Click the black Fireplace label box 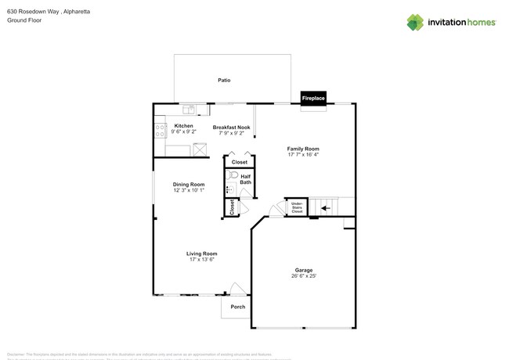[313, 99]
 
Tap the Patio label [224, 80]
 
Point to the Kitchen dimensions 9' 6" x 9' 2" [184, 132]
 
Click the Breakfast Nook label [231, 126]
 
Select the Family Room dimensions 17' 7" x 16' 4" [303, 154]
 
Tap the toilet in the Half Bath [232, 177]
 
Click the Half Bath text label [245, 179]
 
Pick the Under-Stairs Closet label [297, 207]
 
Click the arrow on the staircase [324, 208]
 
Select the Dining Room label [189, 184]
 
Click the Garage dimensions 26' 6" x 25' [303, 275]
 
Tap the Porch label [237, 307]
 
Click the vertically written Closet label [232, 207]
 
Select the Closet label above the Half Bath [239, 162]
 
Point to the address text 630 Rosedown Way [39, 12]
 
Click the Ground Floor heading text [23, 20]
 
